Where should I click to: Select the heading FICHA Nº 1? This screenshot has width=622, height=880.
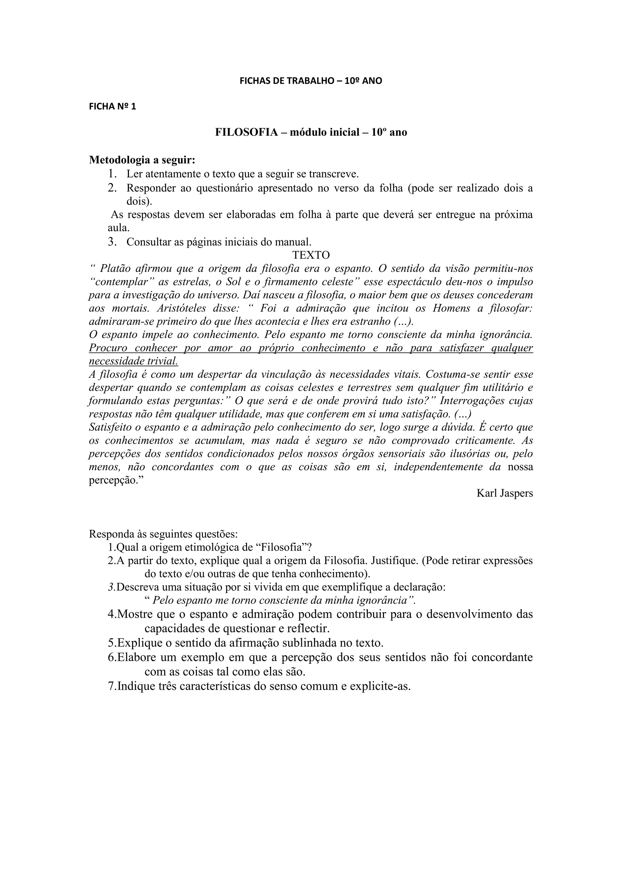click(x=112, y=107)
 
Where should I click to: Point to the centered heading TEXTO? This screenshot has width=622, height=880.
click(x=311, y=255)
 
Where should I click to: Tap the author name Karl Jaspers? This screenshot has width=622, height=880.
click(x=504, y=493)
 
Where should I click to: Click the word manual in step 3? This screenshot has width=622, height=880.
click(x=293, y=242)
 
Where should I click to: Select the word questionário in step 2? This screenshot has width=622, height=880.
click(x=223, y=188)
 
